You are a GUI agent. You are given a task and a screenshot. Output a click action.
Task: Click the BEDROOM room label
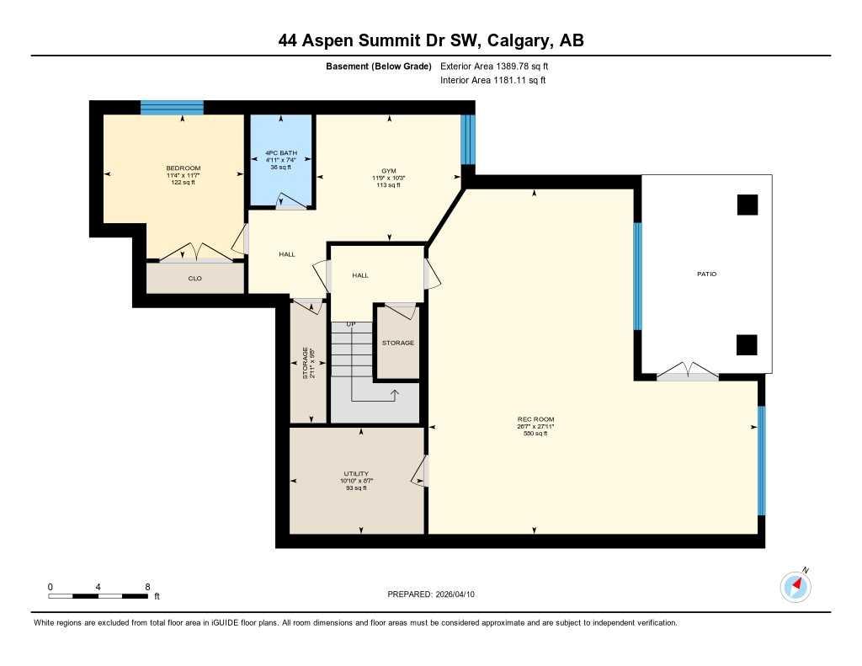tap(183, 168)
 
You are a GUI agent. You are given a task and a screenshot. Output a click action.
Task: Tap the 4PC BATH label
tap(281, 153)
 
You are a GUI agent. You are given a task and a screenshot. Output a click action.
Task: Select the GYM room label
tap(388, 171)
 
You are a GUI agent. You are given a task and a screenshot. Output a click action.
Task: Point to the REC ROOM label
tap(535, 419)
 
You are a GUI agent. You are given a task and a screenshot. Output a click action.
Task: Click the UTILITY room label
tap(356, 474)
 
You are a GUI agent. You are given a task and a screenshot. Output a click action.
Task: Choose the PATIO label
tap(706, 274)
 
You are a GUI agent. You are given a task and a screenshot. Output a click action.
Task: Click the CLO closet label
tap(194, 278)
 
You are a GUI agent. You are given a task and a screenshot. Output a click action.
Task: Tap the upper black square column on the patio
tap(747, 205)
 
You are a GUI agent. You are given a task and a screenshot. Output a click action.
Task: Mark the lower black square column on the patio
tap(747, 344)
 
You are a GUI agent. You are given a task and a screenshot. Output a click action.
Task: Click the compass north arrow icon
tap(795, 585)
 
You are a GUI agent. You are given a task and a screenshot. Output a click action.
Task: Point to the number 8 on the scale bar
tap(147, 587)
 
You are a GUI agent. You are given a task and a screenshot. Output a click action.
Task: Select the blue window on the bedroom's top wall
tap(172, 107)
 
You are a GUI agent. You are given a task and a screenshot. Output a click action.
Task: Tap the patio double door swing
tap(689, 371)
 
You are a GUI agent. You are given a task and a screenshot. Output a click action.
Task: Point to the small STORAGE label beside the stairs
tap(397, 343)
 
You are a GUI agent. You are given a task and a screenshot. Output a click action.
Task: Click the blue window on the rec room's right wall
tap(761, 461)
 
